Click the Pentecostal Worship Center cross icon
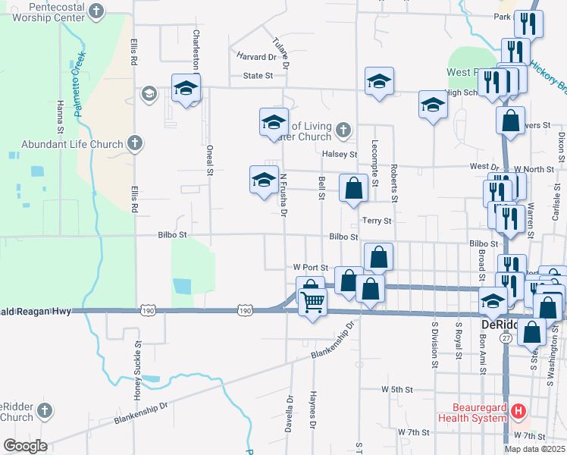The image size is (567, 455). (x=96, y=11)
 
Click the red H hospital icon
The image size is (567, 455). (x=518, y=412)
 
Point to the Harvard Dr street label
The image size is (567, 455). (x=255, y=57)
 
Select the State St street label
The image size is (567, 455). (x=258, y=76)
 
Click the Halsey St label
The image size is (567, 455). (x=339, y=154)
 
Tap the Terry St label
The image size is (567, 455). (x=377, y=221)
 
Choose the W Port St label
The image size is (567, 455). (x=310, y=268)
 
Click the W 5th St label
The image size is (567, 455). (x=396, y=389)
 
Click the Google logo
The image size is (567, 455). (x=25, y=446)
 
